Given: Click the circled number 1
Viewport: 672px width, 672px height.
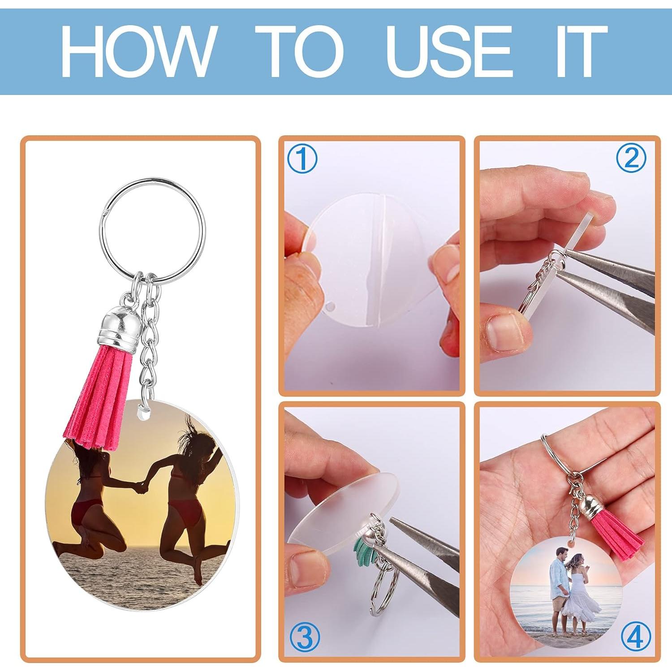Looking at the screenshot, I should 302,159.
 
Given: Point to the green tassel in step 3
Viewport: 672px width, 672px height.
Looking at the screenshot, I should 364,547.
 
